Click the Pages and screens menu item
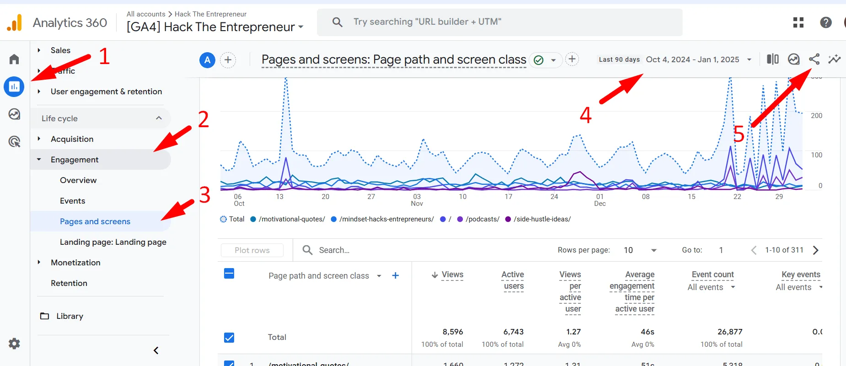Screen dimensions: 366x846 (x=95, y=221)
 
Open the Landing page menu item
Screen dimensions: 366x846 (x=113, y=242)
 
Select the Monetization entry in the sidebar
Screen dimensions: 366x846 (x=75, y=263)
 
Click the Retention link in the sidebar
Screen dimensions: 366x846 (x=69, y=283)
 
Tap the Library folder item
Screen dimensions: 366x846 (x=70, y=316)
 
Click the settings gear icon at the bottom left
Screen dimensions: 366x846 (x=14, y=344)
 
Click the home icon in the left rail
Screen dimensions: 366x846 (x=14, y=59)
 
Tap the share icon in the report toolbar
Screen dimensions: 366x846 (x=814, y=59)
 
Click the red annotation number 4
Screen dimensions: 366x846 (x=585, y=115)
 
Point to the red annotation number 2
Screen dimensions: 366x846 (x=203, y=119)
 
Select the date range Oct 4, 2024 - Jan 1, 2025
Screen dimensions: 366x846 (x=692, y=59)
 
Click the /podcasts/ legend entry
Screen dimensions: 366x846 (x=482, y=219)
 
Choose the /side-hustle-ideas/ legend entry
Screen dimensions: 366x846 (x=541, y=219)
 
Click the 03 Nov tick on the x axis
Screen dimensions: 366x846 (x=417, y=200)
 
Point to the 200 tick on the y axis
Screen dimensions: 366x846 (x=816, y=116)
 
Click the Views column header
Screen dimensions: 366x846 (x=452, y=274)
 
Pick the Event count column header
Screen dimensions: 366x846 (x=712, y=274)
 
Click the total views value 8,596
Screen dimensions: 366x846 (x=452, y=332)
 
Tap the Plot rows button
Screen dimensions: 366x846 (x=252, y=250)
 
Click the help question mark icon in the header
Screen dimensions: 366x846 (x=825, y=22)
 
